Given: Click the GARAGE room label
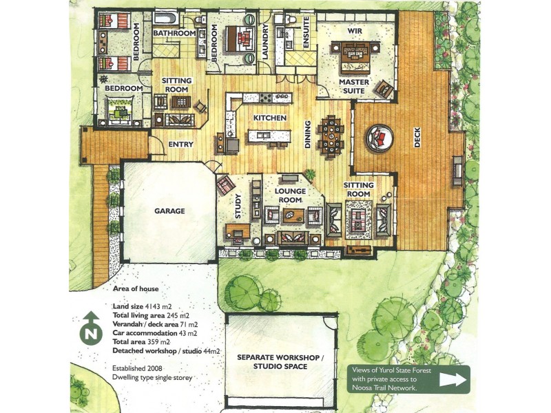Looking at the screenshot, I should pyautogui.click(x=169, y=211).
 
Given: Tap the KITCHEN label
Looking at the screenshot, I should pyautogui.click(x=269, y=118).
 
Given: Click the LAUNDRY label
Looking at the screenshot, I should pyautogui.click(x=265, y=43).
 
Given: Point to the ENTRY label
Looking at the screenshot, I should pyautogui.click(x=181, y=145).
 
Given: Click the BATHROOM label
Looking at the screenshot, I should pyautogui.click(x=175, y=33).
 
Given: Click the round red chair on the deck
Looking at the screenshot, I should pyautogui.click(x=378, y=138).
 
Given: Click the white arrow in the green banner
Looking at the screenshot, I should pyautogui.click(x=448, y=379).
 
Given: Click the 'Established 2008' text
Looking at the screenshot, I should pyautogui.click(x=134, y=368).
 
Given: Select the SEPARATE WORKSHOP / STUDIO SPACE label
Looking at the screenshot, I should pyautogui.click(x=278, y=362).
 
